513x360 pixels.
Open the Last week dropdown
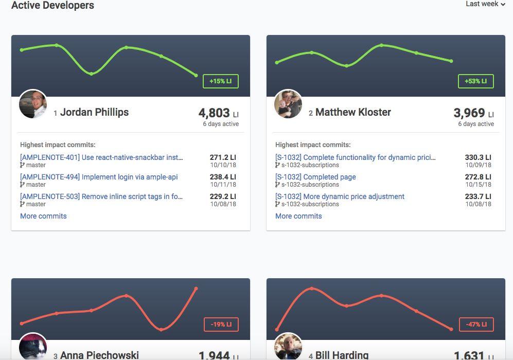485,4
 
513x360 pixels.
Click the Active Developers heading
52,6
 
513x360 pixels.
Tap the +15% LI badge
221,81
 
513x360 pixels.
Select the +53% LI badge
476,81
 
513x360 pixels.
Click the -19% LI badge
221,325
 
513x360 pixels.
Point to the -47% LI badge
476,325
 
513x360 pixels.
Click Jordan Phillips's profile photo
33,104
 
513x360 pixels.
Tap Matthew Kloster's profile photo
288,104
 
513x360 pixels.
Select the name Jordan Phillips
94,112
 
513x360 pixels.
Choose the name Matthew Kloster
353,112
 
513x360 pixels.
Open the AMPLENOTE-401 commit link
101,157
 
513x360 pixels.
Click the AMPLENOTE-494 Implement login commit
99,177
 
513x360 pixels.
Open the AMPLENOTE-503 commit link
101,196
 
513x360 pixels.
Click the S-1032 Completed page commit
315,177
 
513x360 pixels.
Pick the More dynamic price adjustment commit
340,196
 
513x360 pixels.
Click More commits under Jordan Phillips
43,216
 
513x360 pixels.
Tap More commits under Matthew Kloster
298,216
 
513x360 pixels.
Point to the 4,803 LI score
214,113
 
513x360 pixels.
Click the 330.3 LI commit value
477,157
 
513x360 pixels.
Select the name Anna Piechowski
99,355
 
